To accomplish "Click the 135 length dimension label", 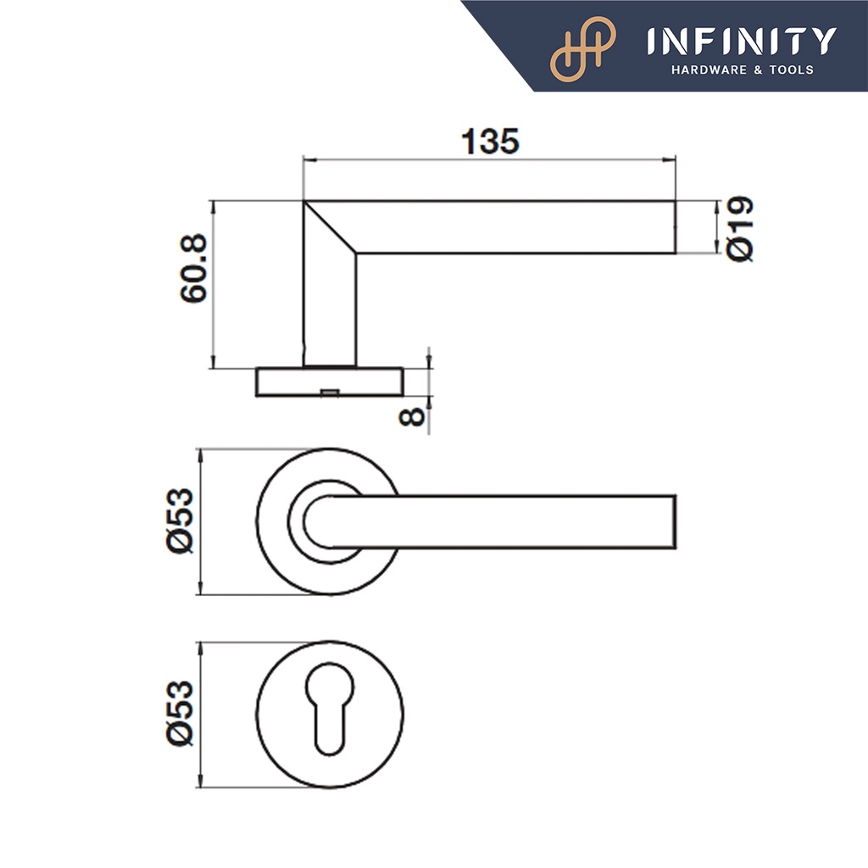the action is pos(491,142).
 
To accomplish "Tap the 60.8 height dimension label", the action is pos(194,268).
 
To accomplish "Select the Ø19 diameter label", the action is pos(740,229).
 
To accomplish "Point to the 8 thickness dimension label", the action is pos(412,416).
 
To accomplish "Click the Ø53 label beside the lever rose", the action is pos(180,520).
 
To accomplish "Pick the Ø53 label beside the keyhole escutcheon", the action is pos(180,714).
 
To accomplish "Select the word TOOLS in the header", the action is pos(792,70).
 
